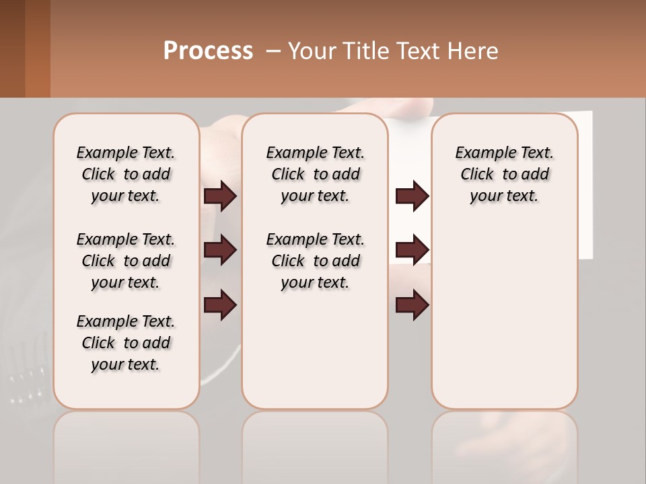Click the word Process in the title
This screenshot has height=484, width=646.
(x=208, y=51)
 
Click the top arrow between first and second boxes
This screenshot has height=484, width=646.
(x=220, y=196)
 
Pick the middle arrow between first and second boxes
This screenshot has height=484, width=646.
(x=220, y=250)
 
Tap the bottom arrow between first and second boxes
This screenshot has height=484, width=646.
(x=220, y=305)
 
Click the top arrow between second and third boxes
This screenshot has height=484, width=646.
(x=412, y=196)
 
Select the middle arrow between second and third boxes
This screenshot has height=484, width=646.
(x=412, y=250)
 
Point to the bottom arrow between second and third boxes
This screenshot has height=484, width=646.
(x=412, y=305)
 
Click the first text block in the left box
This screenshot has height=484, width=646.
(x=126, y=174)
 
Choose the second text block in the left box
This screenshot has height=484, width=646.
(x=126, y=261)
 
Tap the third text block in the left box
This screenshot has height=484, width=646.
(x=126, y=343)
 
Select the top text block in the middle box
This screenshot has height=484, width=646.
(x=315, y=174)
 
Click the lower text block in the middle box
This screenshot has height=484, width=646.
(x=315, y=261)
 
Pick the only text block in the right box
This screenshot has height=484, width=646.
(x=504, y=174)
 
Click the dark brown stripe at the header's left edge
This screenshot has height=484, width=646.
(x=12, y=48)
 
